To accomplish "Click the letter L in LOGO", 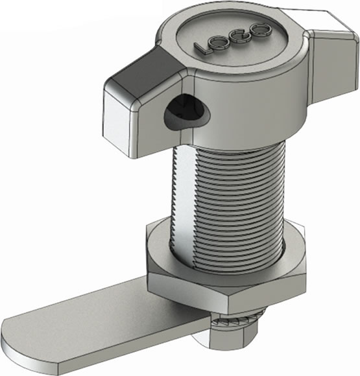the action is pyautogui.click(x=202, y=48).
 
